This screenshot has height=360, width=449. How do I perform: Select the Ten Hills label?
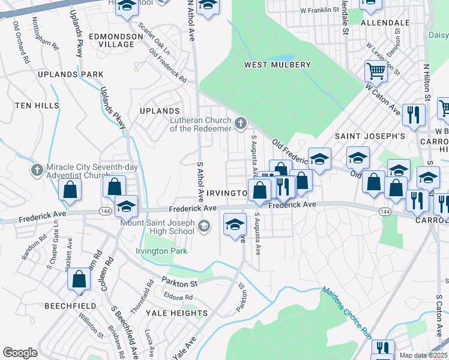37,105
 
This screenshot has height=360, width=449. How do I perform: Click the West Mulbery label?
277,65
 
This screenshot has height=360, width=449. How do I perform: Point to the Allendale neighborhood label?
385,22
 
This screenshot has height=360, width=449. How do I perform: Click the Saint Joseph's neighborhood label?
370,136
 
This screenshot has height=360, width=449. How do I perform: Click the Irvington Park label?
161,251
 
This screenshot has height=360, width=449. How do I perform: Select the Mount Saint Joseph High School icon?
204,226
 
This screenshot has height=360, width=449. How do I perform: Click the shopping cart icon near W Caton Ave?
376,71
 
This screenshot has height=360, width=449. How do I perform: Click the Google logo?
20,353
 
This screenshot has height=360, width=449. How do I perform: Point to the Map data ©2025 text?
423,355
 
